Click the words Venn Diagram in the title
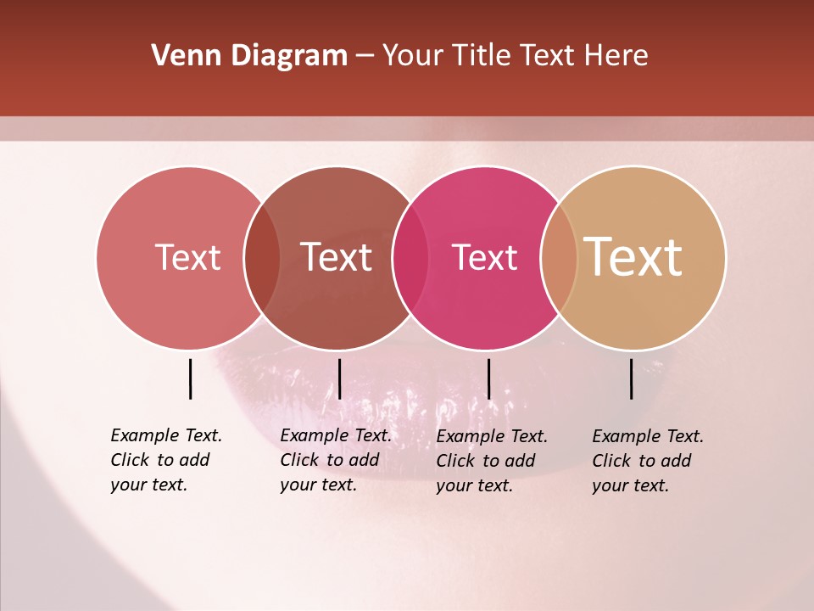[x=249, y=56]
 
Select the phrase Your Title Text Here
[x=515, y=56]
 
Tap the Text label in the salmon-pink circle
[x=187, y=257]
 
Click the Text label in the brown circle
[x=337, y=257]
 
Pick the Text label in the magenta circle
[x=484, y=257]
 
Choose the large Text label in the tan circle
[x=633, y=257]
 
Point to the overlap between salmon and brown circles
[x=262, y=258]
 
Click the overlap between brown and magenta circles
[x=410, y=258]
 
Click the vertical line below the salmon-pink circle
[x=190, y=378]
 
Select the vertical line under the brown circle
[x=339, y=378]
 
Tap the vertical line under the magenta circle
[x=488, y=378]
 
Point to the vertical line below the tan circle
[x=631, y=378]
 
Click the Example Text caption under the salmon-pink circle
[x=166, y=460]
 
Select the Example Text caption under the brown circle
[x=336, y=460]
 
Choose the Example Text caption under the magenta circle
[x=492, y=461]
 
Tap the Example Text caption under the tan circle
[x=648, y=461]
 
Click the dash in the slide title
[x=365, y=56]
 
